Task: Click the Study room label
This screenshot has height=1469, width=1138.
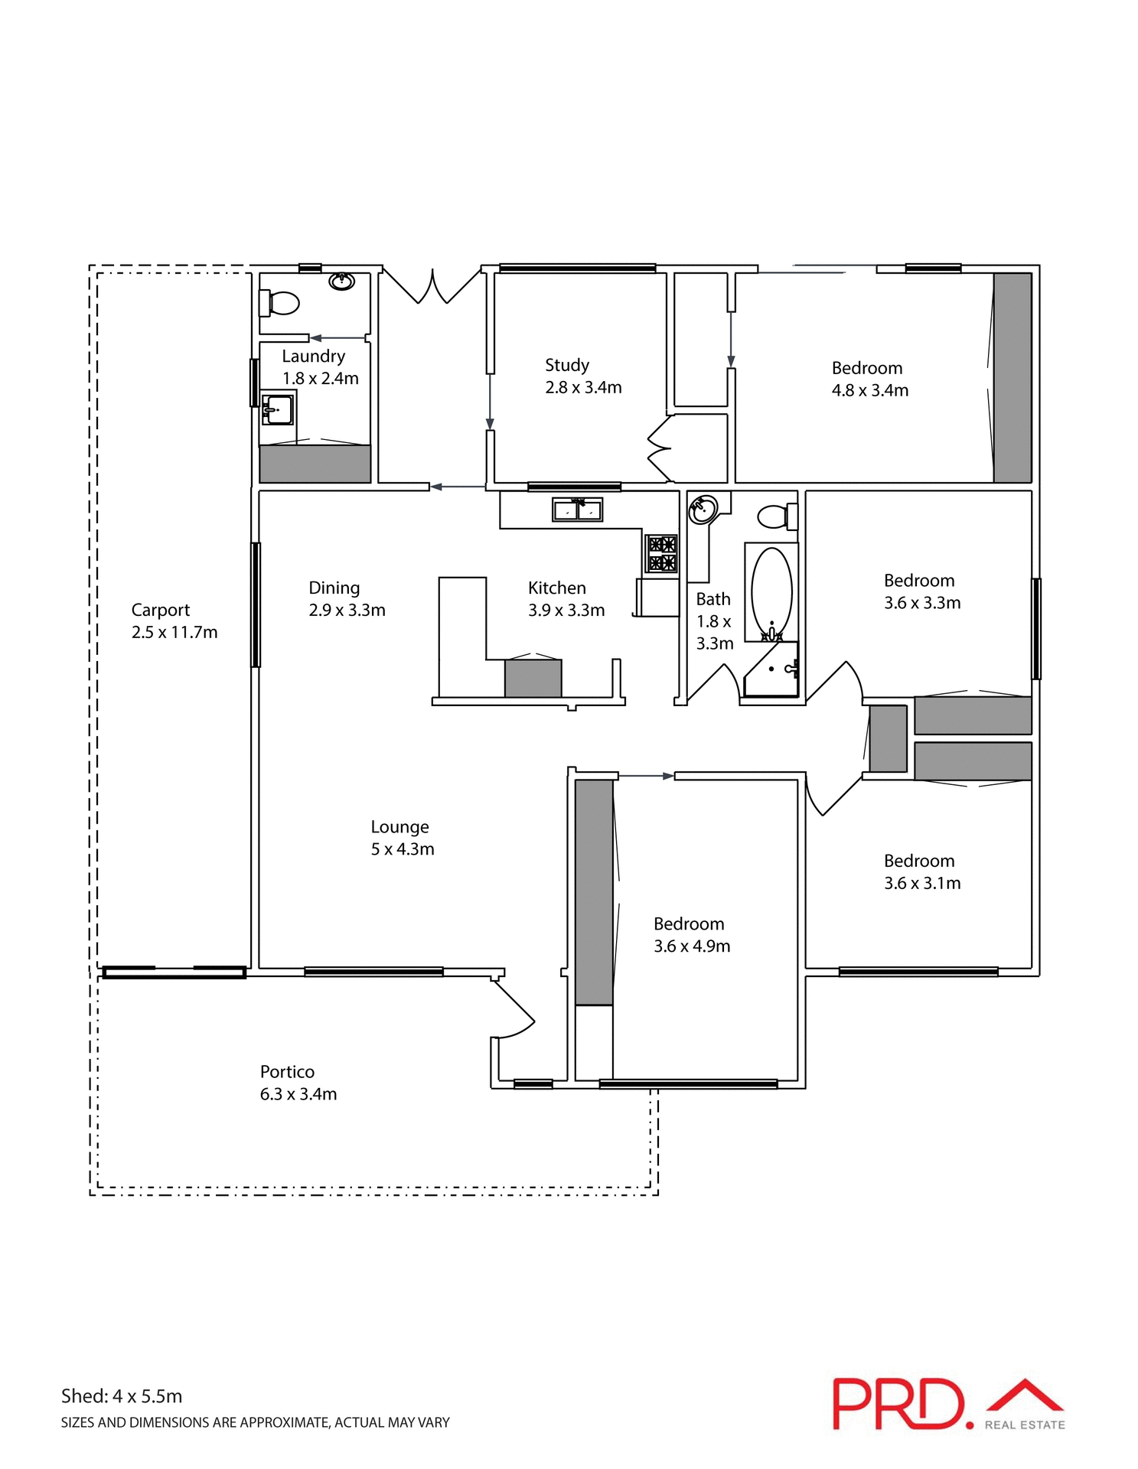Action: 566,365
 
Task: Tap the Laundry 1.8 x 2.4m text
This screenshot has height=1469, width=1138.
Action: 320,367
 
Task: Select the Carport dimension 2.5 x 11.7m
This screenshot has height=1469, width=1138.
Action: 174,632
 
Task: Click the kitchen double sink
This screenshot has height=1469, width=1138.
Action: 577,509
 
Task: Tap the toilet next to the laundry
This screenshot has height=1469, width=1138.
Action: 280,303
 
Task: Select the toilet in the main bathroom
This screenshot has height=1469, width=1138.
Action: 776,516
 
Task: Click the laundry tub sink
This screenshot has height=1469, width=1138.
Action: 277,409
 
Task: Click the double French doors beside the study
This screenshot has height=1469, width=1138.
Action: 432,287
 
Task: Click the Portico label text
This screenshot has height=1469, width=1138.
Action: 287,1072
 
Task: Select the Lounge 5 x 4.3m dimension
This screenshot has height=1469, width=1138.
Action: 403,849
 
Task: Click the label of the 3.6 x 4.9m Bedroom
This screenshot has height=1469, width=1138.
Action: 689,924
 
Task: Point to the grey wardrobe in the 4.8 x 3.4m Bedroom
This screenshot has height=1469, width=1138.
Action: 1012,378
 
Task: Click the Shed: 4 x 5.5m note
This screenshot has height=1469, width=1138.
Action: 122,1396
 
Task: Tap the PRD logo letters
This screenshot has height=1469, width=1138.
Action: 897,1405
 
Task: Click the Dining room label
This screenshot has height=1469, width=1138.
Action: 334,588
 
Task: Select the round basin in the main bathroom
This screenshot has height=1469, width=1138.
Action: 703,509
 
